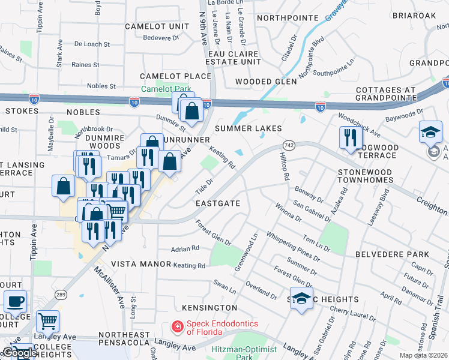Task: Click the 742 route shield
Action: (x=289, y=146)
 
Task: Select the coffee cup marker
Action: (x=15, y=301)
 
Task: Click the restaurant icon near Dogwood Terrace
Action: (x=347, y=137)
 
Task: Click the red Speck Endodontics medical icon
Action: (x=178, y=327)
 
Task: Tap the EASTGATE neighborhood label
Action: (x=218, y=203)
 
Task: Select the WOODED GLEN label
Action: (x=265, y=81)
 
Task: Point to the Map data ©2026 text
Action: (x=423, y=355)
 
